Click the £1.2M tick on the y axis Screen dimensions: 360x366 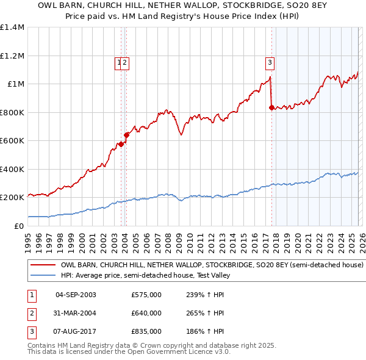[12, 56]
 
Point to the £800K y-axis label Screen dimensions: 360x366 [12, 112]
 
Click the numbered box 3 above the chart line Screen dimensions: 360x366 [270, 61]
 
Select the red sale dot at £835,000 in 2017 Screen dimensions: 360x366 [271, 107]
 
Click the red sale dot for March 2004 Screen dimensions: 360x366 [127, 135]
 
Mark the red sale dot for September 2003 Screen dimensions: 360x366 [121, 145]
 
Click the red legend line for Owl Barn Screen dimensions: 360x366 [43, 265]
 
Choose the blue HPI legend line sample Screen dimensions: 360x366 [43, 275]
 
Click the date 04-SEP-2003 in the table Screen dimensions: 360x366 [76, 295]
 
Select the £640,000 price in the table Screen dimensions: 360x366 [146, 313]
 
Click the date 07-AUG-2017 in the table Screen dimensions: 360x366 [76, 331]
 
